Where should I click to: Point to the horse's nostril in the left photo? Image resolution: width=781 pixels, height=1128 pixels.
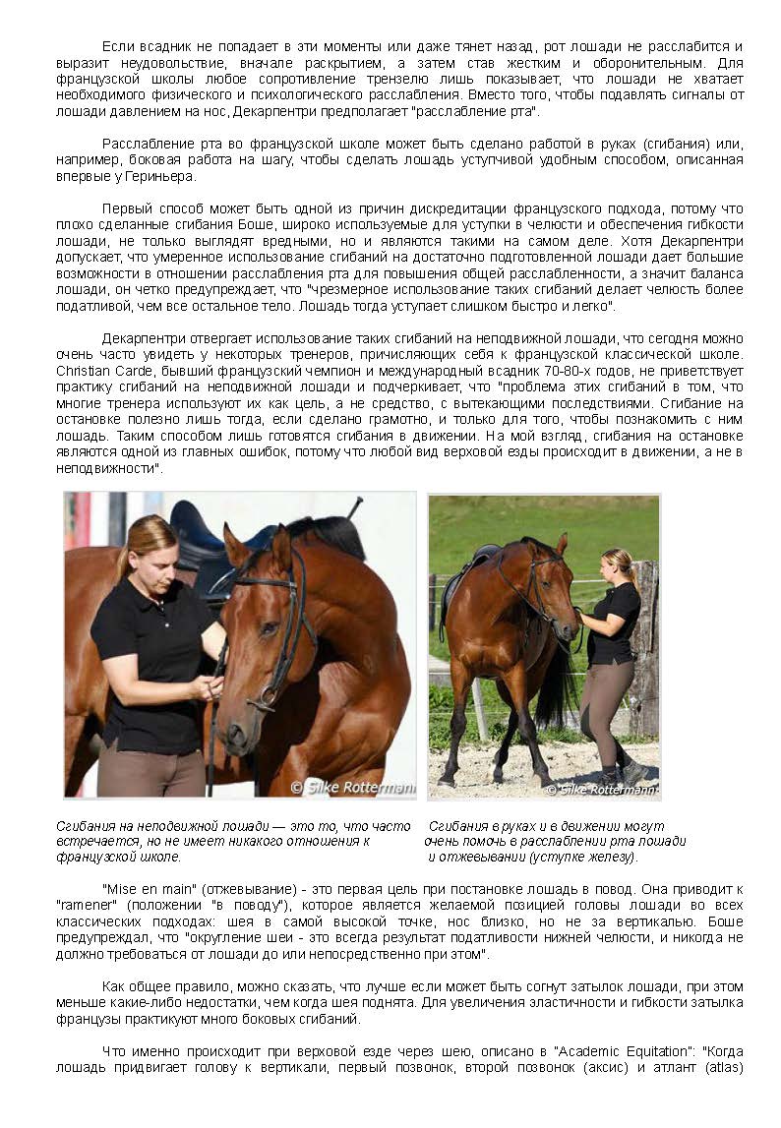[x=236, y=735]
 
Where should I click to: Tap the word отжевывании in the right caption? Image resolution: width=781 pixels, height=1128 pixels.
[x=468, y=858]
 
